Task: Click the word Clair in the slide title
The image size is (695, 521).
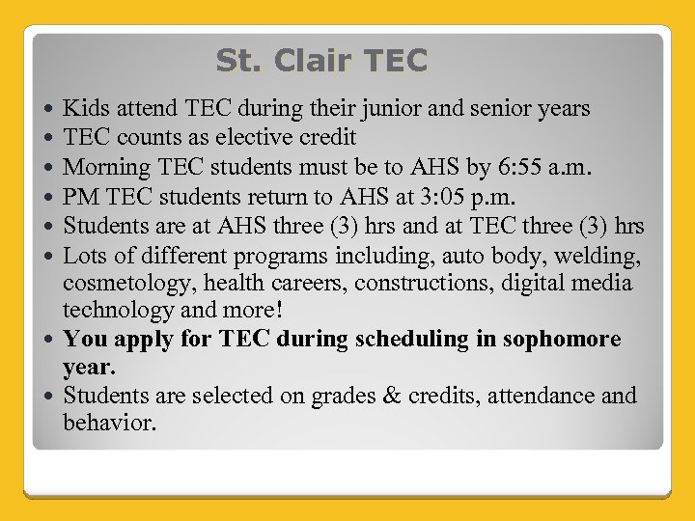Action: [314, 61]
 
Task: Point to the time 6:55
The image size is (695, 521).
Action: [480, 167]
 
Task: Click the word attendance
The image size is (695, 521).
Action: [531, 396]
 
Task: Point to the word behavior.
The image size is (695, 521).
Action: [108, 424]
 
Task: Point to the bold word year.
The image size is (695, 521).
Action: [89, 368]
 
